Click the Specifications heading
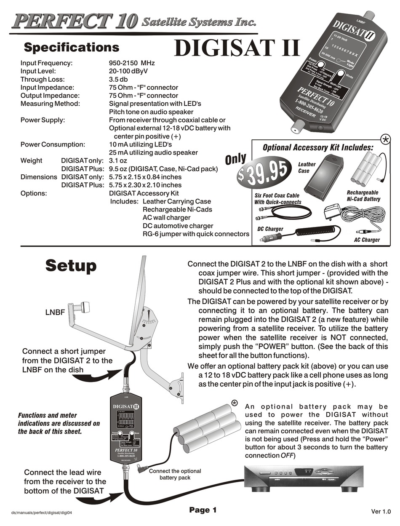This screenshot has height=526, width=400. [71, 47]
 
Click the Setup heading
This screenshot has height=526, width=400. [71, 266]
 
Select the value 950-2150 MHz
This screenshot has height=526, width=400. [132, 63]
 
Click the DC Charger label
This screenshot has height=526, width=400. [270, 229]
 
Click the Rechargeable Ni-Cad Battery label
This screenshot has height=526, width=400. [363, 196]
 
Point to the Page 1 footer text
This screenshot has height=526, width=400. [203, 510]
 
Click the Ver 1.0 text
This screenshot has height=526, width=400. [381, 511]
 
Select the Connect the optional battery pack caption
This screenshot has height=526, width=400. [175, 474]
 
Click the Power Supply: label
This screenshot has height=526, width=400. [43, 120]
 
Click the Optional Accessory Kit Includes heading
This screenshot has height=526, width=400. [318, 147]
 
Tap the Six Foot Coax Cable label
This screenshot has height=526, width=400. [277, 199]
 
